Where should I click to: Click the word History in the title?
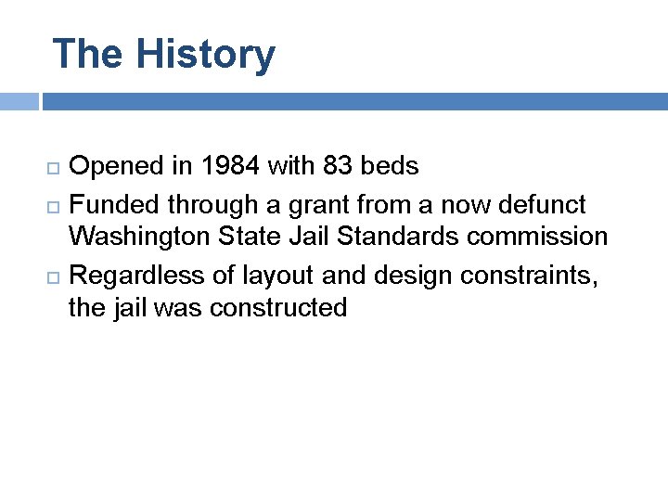205,54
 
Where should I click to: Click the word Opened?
119,167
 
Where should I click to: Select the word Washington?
141,238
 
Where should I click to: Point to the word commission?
538,237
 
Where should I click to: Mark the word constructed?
278,307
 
